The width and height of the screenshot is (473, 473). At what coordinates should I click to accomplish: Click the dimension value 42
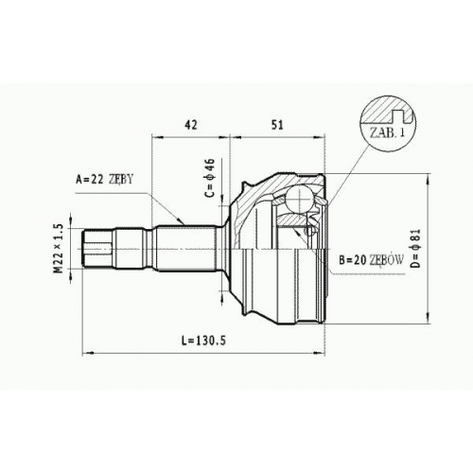point(191,125)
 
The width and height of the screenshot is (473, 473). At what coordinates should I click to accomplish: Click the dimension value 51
point(278,125)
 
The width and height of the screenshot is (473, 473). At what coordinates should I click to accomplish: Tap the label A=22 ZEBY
point(105,180)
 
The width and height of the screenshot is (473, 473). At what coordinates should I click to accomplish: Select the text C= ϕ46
point(210,177)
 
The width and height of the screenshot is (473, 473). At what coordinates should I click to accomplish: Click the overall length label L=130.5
point(203,341)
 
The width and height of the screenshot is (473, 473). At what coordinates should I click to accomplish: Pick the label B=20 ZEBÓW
point(371,259)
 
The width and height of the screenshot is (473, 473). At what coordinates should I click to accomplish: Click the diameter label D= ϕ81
point(416,248)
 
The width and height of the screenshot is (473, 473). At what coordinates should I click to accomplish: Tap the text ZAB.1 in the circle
point(387,133)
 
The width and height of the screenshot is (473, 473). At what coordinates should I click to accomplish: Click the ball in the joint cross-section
point(299,200)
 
